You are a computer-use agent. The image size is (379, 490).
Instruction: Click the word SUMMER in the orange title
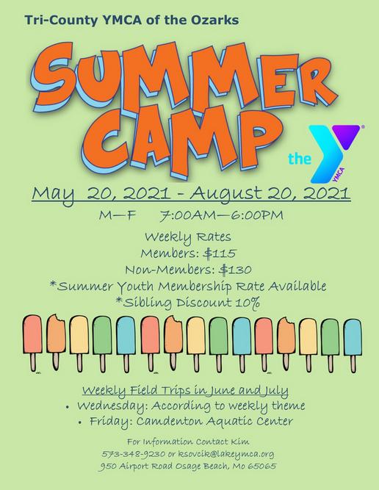coord(184,76)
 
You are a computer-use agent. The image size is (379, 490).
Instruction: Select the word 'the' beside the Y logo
coord(300,159)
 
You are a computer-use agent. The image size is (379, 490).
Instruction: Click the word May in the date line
coord(53,195)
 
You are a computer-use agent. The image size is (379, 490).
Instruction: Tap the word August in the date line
coord(225,193)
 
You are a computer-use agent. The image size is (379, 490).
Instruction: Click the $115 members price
coord(220,253)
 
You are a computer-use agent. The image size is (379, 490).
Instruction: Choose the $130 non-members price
coord(235,270)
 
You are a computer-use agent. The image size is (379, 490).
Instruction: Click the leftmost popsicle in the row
coord(32,343)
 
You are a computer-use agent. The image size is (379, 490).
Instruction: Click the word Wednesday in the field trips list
coord(112,406)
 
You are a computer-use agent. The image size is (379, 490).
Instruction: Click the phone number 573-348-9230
coord(134,454)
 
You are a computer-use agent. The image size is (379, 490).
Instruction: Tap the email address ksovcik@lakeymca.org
coord(226,454)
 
